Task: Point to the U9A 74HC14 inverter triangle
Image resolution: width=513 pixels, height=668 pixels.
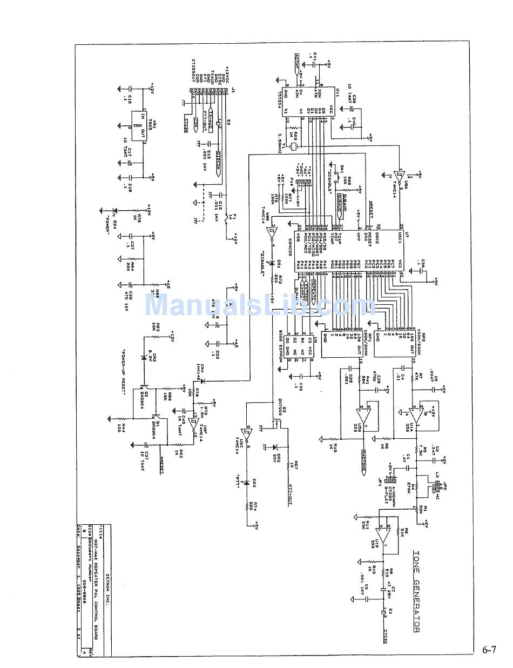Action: [400, 175]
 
